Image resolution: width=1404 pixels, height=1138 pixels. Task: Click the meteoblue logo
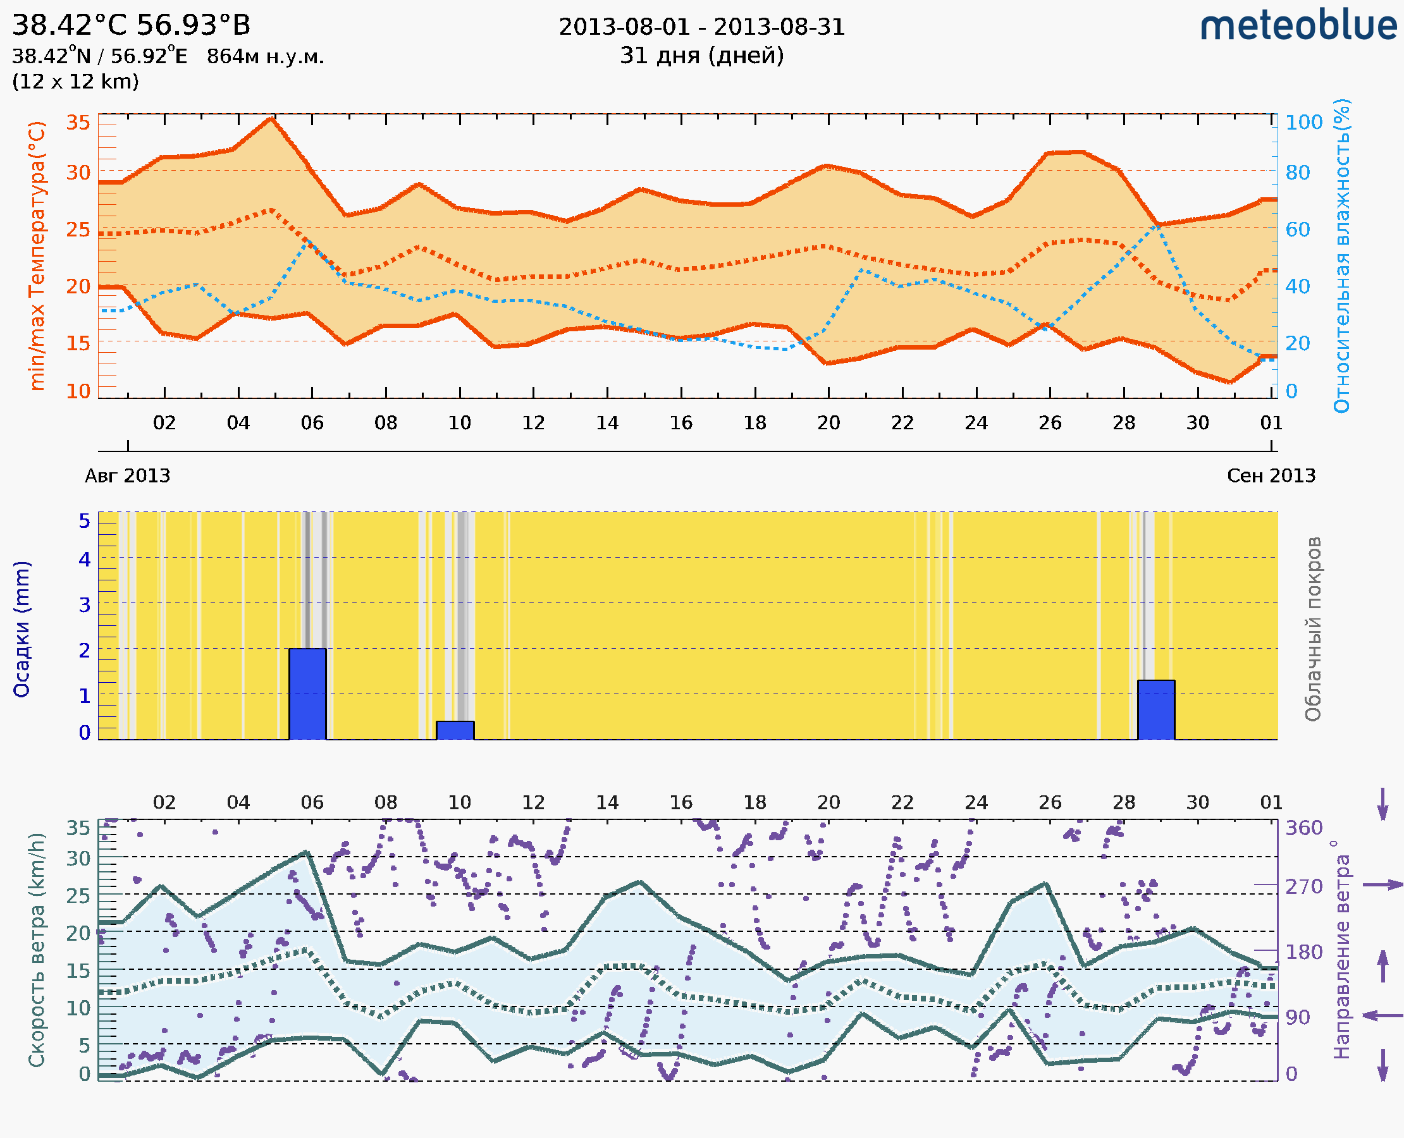[1298, 26]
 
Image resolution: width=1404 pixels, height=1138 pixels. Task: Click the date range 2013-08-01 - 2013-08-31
[701, 27]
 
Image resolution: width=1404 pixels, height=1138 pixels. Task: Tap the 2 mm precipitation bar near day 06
[307, 694]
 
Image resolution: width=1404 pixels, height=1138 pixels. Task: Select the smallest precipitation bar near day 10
[455, 730]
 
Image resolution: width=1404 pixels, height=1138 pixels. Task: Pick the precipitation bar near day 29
[1155, 710]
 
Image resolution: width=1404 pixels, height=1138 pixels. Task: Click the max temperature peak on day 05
[271, 119]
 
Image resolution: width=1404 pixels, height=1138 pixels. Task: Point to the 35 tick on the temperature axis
[78, 123]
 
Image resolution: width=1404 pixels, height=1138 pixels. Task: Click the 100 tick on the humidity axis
[1303, 123]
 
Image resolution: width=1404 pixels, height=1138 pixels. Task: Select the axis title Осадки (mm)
[22, 629]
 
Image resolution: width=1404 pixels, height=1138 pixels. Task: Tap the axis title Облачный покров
[1313, 629]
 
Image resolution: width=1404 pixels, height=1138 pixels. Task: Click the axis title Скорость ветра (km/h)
[37, 950]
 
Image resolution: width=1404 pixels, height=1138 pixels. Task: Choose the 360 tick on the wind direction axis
[1303, 828]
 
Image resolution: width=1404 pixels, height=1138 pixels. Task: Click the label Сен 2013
[1271, 475]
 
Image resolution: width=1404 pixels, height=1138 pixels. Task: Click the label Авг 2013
[127, 475]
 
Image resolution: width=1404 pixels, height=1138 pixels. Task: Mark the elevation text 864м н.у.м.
[265, 56]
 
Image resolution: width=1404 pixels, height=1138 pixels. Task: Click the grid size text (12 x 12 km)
[75, 82]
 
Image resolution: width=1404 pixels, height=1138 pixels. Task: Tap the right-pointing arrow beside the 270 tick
[1382, 885]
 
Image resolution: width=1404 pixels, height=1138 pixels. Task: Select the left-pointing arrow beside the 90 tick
[1382, 1015]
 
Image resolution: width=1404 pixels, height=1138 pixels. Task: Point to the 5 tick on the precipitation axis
[85, 521]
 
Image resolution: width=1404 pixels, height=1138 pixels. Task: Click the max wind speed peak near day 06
[305, 852]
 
